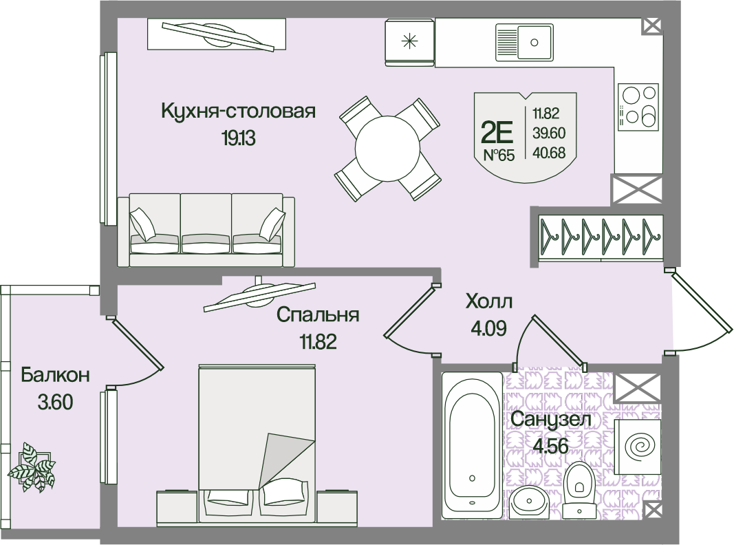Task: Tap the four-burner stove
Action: (638, 106)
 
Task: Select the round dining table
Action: (387, 149)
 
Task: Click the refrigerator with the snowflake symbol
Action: (409, 42)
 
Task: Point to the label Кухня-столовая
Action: (238, 111)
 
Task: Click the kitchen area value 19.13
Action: (239, 138)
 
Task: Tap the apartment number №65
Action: (499, 155)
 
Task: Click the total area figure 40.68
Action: (549, 153)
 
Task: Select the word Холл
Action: (488, 302)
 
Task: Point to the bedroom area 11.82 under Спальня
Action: (319, 342)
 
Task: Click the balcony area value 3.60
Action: (55, 402)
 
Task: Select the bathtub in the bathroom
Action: (472, 445)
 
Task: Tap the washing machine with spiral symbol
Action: (638, 446)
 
